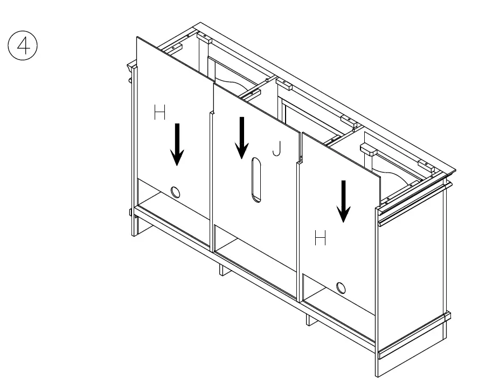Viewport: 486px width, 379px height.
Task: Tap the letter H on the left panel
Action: pyautogui.click(x=160, y=113)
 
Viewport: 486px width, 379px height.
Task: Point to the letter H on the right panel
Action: pyautogui.click(x=320, y=238)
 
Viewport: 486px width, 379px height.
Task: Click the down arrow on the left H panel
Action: pyautogui.click(x=177, y=144)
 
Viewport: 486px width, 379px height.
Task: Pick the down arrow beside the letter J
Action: pyautogui.click(x=242, y=137)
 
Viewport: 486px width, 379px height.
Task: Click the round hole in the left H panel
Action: pyautogui.click(x=175, y=191)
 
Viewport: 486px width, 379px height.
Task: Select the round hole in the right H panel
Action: pyautogui.click(x=341, y=287)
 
